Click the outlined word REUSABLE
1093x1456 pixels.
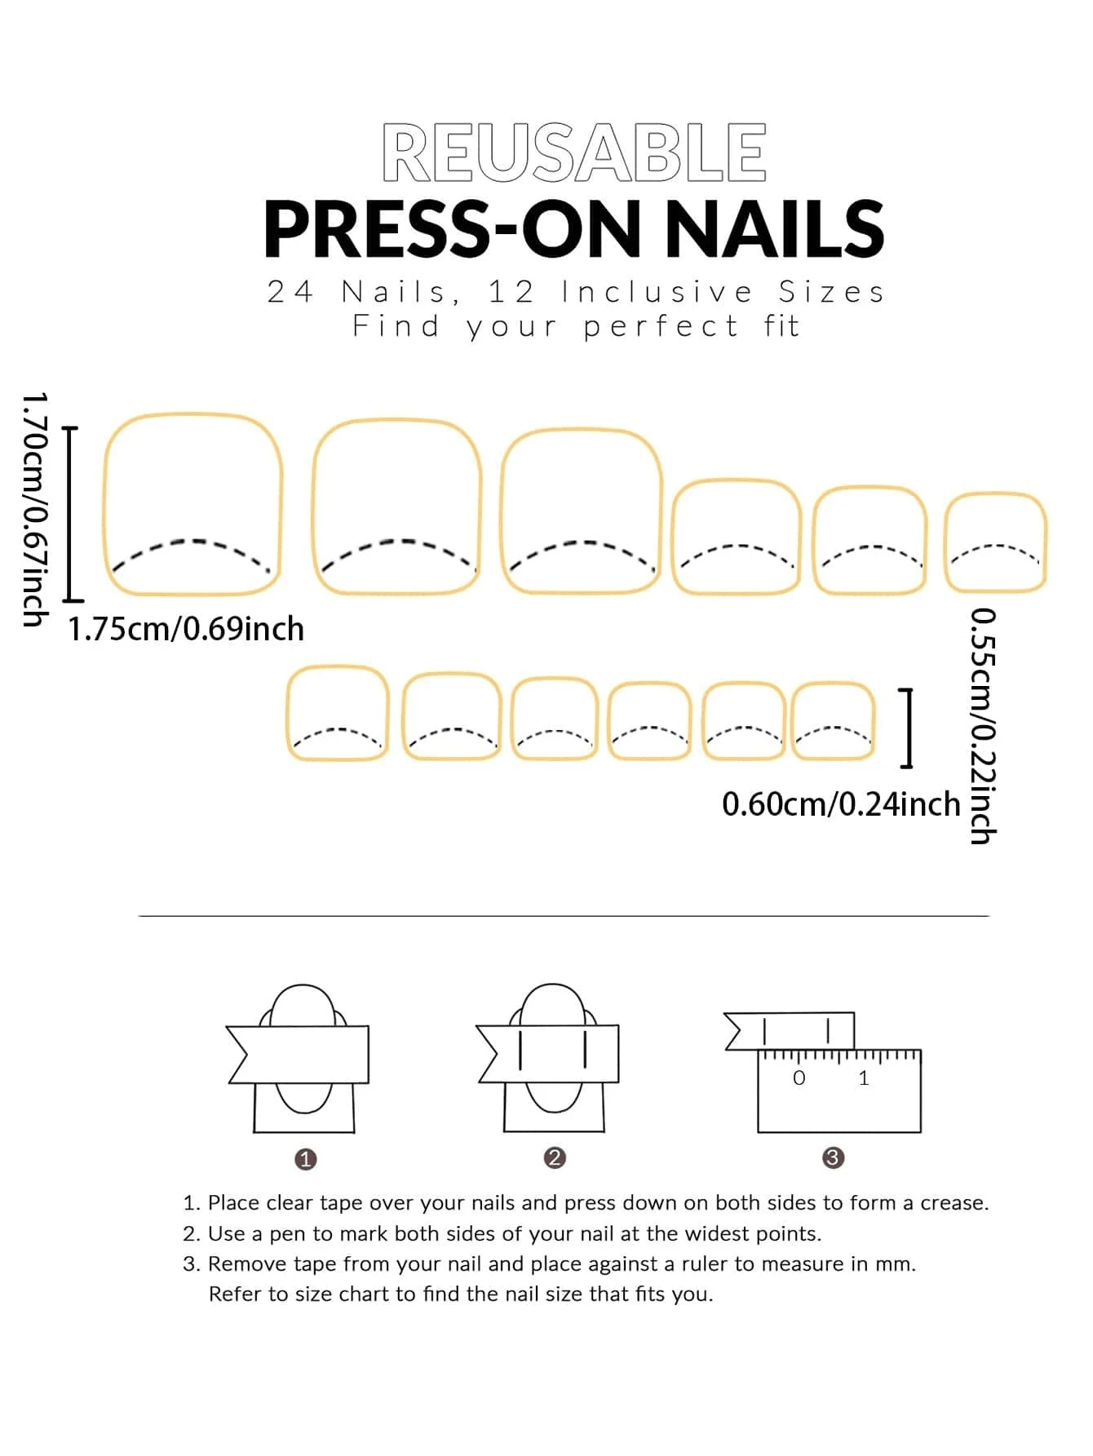[574, 153]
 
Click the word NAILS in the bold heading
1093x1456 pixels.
[773, 230]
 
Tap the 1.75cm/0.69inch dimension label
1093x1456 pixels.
[186, 630]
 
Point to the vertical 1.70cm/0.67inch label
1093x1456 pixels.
[34, 509]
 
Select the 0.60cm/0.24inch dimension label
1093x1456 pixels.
[841, 804]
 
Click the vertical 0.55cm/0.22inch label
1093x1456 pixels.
[982, 726]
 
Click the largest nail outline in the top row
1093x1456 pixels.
[192, 503]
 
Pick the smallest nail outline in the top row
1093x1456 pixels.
[995, 542]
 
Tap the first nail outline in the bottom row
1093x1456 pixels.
[337, 713]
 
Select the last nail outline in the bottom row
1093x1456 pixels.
[833, 721]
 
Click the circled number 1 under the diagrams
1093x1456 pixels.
[305, 1159]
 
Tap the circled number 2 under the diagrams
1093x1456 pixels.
[555, 1157]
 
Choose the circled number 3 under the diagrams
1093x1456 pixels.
[833, 1157]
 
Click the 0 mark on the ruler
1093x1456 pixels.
[799, 1078]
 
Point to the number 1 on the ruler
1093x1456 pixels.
[863, 1078]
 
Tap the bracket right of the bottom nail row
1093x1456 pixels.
[907, 728]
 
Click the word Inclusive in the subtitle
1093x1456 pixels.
[657, 292]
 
